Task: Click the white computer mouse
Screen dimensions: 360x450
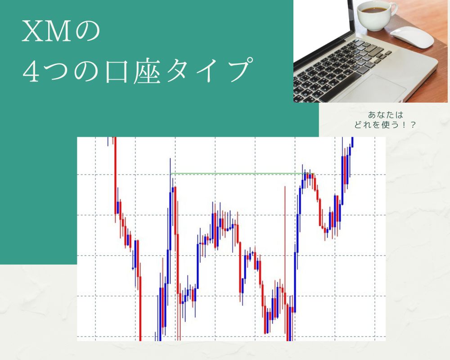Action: pos(411,36)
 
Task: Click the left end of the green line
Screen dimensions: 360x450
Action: pos(171,173)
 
